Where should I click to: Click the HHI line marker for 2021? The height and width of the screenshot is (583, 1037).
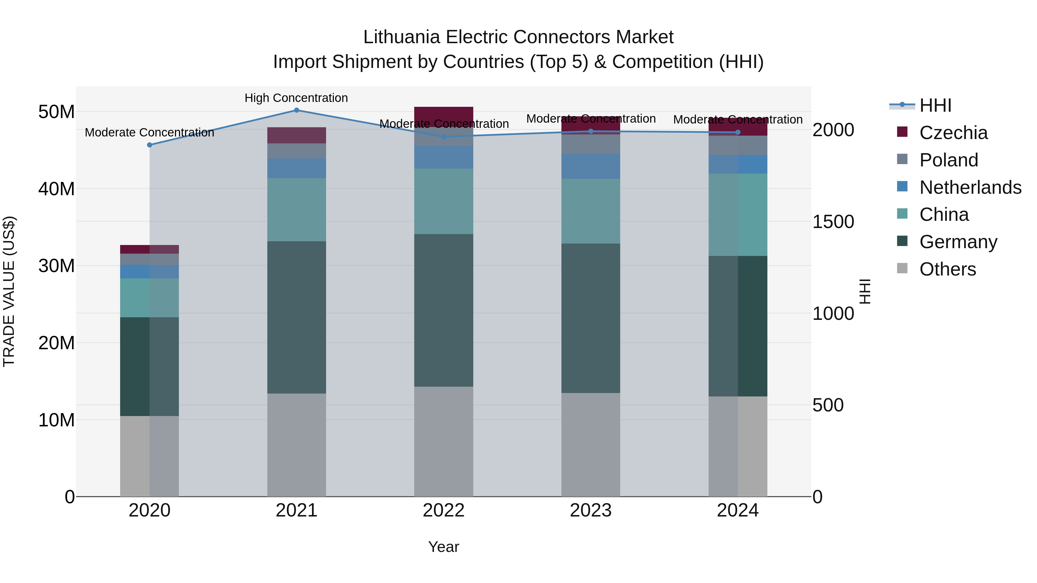tap(296, 110)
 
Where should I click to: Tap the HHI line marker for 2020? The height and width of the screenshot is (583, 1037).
tap(149, 145)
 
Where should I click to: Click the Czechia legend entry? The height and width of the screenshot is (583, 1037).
tap(953, 133)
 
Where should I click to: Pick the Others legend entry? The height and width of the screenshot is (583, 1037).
tap(947, 269)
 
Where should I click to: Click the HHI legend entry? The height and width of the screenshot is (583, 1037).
tap(935, 105)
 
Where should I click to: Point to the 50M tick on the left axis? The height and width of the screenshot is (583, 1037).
tap(56, 112)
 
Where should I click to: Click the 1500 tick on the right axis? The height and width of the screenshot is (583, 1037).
tap(833, 222)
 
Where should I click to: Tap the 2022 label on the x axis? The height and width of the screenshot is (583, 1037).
tap(444, 510)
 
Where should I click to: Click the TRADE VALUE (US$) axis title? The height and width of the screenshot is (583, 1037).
tap(9, 291)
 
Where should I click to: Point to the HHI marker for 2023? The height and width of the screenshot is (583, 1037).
tap(591, 131)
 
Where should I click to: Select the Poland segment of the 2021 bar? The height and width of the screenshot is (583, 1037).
tap(296, 151)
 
